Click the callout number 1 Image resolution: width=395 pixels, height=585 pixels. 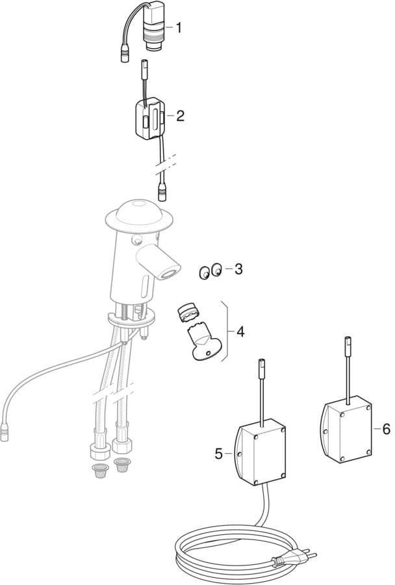pyautogui.click(x=179, y=27)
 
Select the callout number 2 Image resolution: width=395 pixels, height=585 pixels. pyautogui.click(x=180, y=116)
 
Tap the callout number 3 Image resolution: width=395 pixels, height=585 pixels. pyautogui.click(x=238, y=268)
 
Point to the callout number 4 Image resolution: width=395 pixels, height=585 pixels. pyautogui.click(x=240, y=331)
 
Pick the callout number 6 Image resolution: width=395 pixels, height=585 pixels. pyautogui.click(x=386, y=429)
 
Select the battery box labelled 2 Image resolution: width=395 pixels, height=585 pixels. pyautogui.click(x=149, y=119)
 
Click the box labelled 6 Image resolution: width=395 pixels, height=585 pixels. pyautogui.click(x=346, y=432)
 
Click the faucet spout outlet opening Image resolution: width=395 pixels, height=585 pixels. pyautogui.click(x=169, y=274)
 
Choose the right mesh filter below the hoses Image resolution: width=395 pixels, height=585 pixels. pyautogui.click(x=122, y=465)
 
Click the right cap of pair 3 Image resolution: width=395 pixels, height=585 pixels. pyautogui.click(x=217, y=269)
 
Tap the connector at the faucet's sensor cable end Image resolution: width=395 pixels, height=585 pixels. pyautogui.click(x=5, y=434)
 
